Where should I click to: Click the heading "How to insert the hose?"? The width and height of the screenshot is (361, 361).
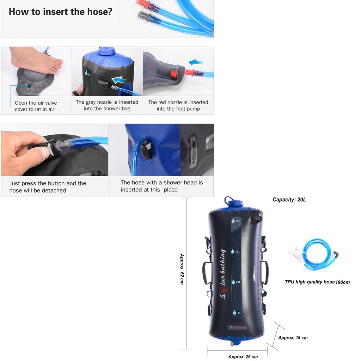pyautogui.click(x=60, y=12)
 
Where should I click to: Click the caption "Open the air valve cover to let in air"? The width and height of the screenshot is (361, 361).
pyautogui.click(x=36, y=106)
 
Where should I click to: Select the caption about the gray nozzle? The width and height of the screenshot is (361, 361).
pyautogui.click(x=107, y=105)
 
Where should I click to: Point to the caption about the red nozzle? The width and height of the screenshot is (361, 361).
pyautogui.click(x=178, y=105)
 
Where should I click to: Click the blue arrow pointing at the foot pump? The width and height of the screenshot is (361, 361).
pyautogui.click(x=196, y=62)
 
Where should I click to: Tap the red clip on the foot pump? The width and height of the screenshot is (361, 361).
pyautogui.click(x=173, y=74)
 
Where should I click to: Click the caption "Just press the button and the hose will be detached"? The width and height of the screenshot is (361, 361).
pyautogui.click(x=48, y=187)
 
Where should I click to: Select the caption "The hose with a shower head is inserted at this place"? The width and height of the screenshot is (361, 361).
pyautogui.click(x=162, y=186)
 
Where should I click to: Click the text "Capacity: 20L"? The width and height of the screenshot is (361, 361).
pyautogui.click(x=289, y=200)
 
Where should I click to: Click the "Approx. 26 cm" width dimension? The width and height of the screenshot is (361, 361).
pyautogui.click(x=243, y=356)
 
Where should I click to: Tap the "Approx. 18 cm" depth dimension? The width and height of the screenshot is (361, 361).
pyautogui.click(x=293, y=338)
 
